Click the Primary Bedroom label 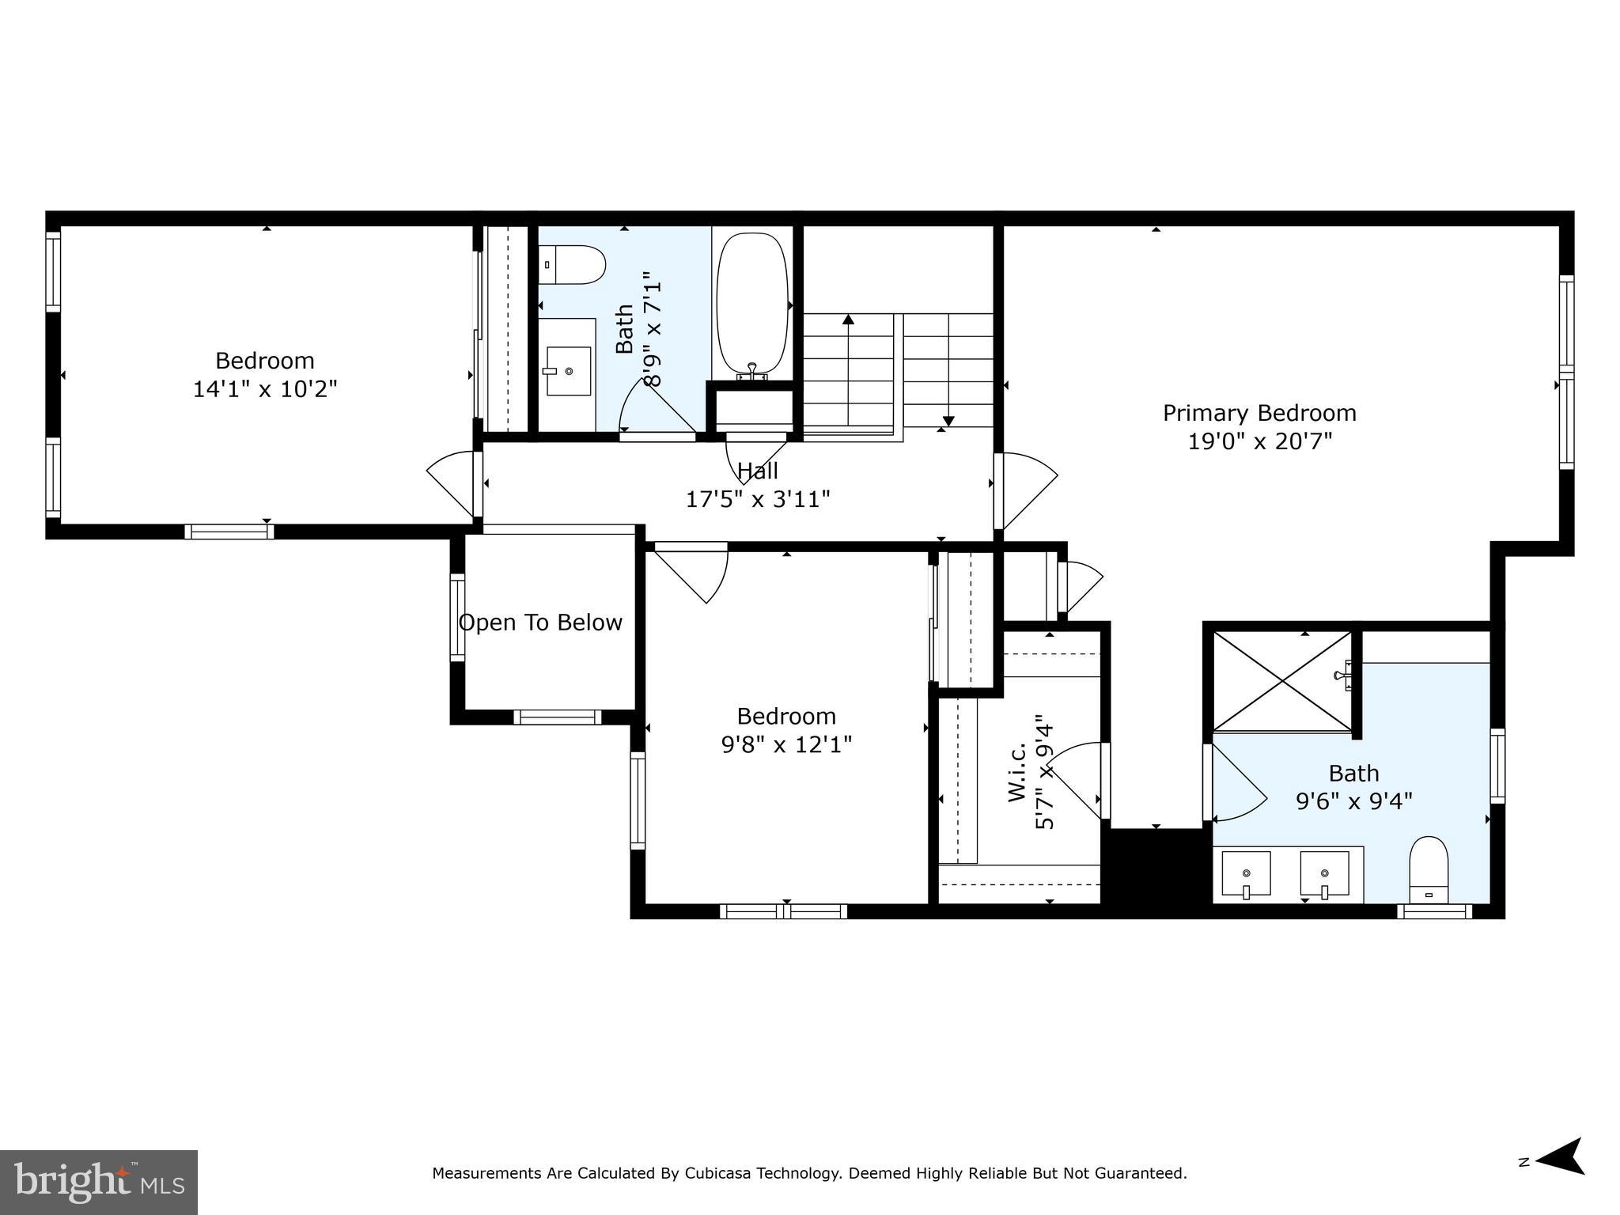coord(1259,413)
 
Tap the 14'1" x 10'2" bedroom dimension coord(265,389)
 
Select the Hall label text coord(758,471)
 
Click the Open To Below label coord(540,623)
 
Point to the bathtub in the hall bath coord(752,305)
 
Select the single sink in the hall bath coord(569,371)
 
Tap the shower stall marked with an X coord(1282,681)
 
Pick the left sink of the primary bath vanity coord(1246,874)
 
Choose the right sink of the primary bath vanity coord(1324,874)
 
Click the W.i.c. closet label coord(1018,771)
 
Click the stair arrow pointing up coord(849,320)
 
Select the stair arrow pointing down coord(948,421)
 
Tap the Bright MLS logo coord(99,1182)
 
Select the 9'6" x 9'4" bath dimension coord(1353,801)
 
